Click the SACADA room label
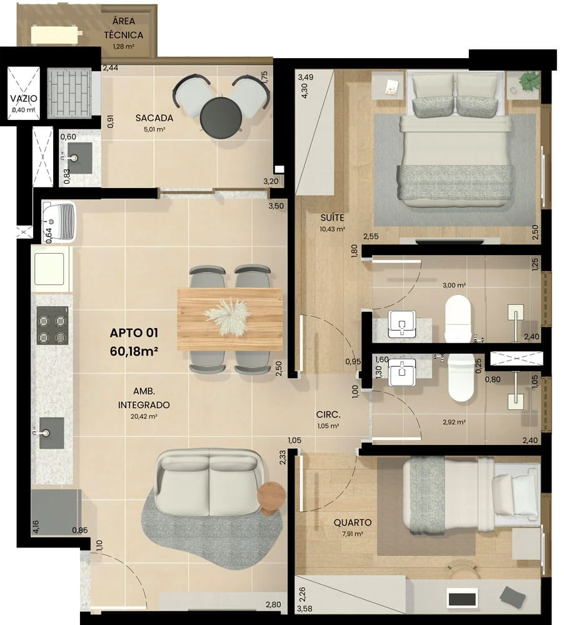pyautogui.click(x=154, y=117)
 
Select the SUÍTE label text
pyautogui.click(x=331, y=217)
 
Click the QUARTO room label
pyautogui.click(x=353, y=522)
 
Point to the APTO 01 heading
pyautogui.click(x=133, y=332)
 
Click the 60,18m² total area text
pyautogui.click(x=133, y=351)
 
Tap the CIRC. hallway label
pyautogui.click(x=328, y=414)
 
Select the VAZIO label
pyautogui.click(x=24, y=99)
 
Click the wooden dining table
pyautogui.click(x=229, y=319)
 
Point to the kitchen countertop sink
pyautogui.click(x=51, y=432)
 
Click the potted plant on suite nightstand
pyautogui.click(x=530, y=81)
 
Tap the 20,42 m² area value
pyautogui.click(x=144, y=416)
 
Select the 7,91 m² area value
pyautogui.click(x=352, y=534)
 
